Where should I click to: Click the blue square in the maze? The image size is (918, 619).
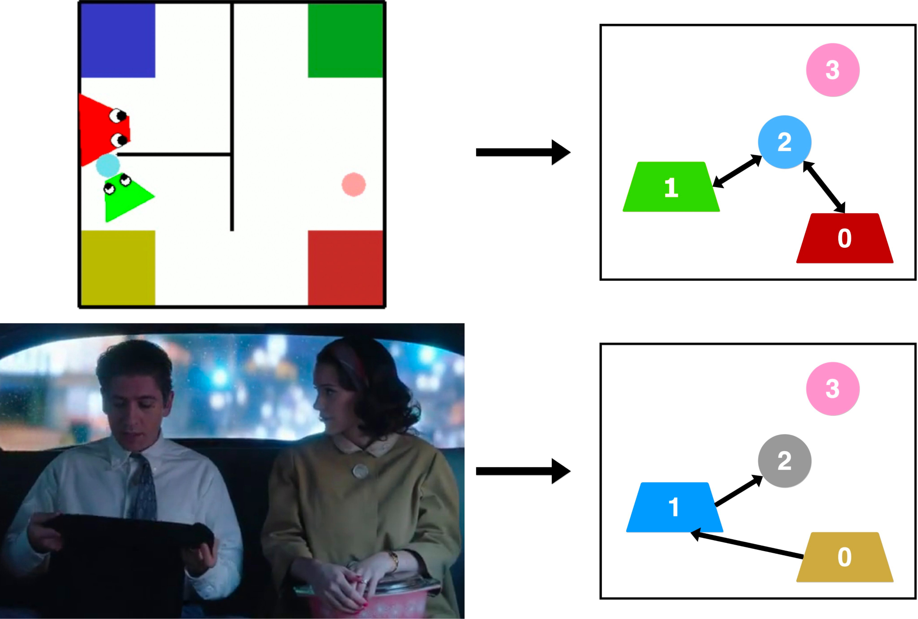click(x=118, y=40)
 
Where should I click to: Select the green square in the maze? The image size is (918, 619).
click(x=345, y=40)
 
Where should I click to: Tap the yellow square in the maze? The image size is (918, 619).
click(x=118, y=268)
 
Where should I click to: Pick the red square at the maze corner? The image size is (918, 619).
click(x=345, y=268)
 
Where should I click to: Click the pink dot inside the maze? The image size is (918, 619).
click(x=353, y=184)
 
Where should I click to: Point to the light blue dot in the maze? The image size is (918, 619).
click(x=108, y=165)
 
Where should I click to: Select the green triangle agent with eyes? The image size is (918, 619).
click(x=125, y=198)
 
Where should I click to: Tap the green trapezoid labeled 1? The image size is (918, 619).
click(x=671, y=187)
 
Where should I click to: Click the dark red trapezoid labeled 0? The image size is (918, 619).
click(x=845, y=239)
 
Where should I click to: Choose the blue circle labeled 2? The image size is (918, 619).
click(x=784, y=142)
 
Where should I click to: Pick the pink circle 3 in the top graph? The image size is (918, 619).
click(x=833, y=70)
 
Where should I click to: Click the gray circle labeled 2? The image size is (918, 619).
click(x=784, y=461)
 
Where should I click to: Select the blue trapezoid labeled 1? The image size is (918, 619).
click(x=674, y=507)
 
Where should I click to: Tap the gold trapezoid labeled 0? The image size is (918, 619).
click(x=845, y=558)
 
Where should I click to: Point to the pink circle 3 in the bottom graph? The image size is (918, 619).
click(x=833, y=389)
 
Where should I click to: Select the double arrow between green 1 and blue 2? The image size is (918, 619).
click(x=737, y=171)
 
